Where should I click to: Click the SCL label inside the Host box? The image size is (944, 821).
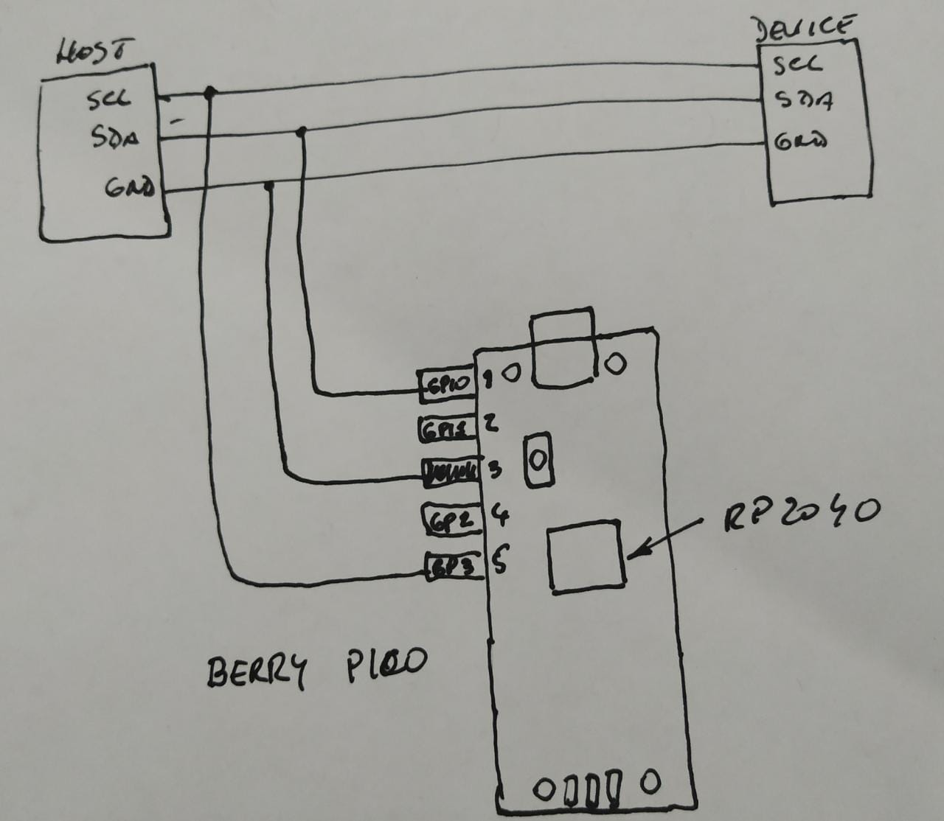(108, 99)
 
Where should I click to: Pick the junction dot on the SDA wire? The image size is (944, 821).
(301, 132)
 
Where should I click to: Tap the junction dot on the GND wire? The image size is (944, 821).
(269, 185)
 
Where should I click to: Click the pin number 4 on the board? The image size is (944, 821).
(499, 513)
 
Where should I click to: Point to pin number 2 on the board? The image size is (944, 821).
(490, 423)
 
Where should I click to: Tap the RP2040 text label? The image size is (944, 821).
(801, 512)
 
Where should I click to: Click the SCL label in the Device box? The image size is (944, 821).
(797, 65)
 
